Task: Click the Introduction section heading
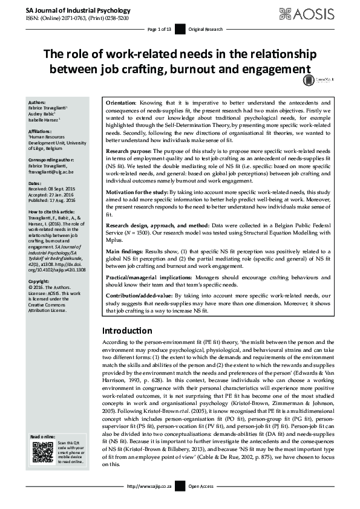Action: click(x=127, y=331)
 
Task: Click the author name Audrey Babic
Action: click(x=44, y=114)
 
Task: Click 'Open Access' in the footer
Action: click(x=201, y=502)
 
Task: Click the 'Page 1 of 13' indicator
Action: click(x=160, y=29)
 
